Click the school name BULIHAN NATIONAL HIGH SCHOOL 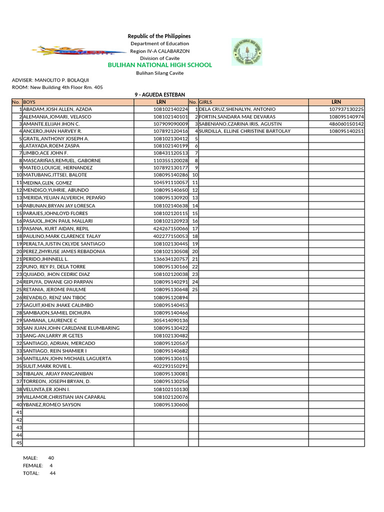coord(160,65)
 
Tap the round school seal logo coord(246,52)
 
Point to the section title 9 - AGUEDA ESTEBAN coord(160,94)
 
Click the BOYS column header coord(30,102)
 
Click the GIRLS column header coord(206,102)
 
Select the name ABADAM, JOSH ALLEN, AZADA coord(57,109)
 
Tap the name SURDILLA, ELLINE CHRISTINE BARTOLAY coord(244,131)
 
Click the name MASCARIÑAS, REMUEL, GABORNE coord(62,160)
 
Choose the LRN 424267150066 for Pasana coord(170,228)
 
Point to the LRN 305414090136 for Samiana coord(170,320)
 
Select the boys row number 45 coord(19,443)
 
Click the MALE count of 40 coord(51,458)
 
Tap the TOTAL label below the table coord(31,473)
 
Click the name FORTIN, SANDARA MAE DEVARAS coord(237,116)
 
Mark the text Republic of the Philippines coord(159,36)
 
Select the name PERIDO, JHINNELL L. coord(45,259)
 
